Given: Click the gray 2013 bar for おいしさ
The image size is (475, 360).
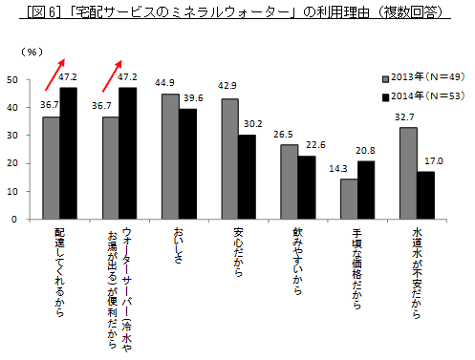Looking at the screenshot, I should [169, 157].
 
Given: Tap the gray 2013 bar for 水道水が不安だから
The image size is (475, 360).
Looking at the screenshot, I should [407, 173].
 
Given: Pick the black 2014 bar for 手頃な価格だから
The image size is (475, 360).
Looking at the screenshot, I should [364, 190].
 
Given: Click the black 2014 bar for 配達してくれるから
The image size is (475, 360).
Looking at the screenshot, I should [67, 153].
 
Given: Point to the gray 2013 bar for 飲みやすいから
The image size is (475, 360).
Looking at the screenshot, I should [289, 181].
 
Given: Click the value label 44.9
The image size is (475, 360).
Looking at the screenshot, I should [170, 84].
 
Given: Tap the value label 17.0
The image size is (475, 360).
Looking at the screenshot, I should [426, 162].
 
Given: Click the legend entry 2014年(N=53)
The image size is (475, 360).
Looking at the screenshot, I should [421, 95].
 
